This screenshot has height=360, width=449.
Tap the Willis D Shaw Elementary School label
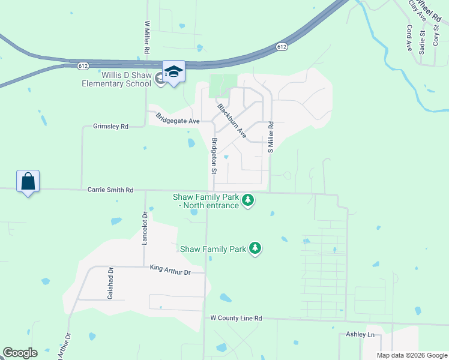pos(117,80)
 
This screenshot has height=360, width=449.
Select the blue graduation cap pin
pos(173,73)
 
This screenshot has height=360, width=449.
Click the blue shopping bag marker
pos(28,181)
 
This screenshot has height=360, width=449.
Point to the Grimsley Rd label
pos(111,127)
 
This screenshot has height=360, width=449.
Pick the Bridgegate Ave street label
pos(177,118)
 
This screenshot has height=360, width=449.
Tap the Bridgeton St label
pos(214,156)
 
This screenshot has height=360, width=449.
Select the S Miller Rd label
pos(271,137)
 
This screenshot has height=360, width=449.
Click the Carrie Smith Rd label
pos(110,190)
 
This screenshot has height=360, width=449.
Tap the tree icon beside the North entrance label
pos(248,200)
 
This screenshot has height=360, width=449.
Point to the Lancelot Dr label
pos(144,228)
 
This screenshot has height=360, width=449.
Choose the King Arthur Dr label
pos(170,272)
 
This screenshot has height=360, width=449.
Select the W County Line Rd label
pos(236,318)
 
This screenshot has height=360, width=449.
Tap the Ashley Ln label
pos(360,334)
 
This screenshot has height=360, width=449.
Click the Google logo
pos(20,353)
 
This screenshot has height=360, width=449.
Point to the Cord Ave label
pos(409,37)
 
